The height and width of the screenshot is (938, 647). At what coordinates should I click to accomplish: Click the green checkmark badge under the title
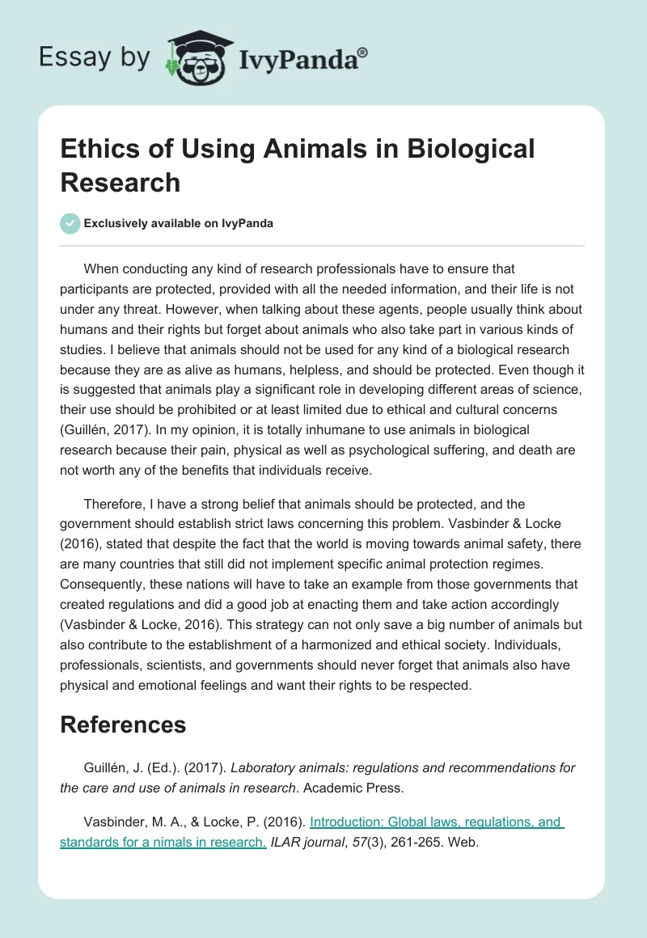pyautogui.click(x=70, y=223)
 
